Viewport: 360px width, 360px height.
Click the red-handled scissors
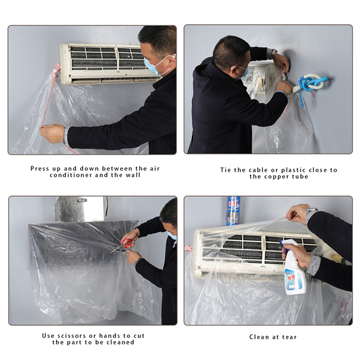pos(122,245)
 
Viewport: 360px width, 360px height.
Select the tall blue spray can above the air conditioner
pos(233,211)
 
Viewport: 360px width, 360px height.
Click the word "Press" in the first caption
pos(40,168)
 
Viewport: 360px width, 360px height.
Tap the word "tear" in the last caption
pos(289,337)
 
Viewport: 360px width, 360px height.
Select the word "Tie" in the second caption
pos(225,170)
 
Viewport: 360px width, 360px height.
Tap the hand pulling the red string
pos(52,133)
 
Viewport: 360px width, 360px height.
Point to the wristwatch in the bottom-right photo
pos(311,212)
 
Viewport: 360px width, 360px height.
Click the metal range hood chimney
pos(81,209)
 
